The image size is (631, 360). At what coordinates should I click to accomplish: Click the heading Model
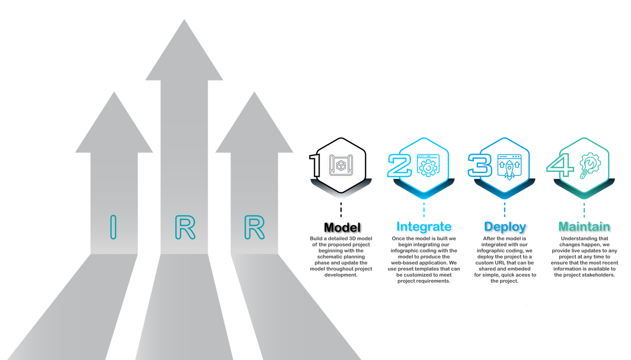coord(342,227)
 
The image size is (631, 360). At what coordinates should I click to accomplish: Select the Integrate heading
coord(424,226)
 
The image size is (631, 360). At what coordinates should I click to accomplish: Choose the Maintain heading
coord(584,226)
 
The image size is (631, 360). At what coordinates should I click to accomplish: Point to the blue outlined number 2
coord(400,166)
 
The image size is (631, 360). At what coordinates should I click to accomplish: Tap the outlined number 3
coord(480,166)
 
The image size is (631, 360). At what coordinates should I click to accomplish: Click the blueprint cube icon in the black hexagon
coord(341,165)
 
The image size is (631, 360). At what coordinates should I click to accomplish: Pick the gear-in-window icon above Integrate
coord(428,166)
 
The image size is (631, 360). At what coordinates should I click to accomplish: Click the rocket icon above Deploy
coord(509,167)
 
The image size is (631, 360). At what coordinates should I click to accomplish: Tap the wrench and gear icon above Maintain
coord(590,166)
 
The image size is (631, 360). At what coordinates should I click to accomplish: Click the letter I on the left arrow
coord(113,227)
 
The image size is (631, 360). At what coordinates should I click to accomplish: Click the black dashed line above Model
coord(341,210)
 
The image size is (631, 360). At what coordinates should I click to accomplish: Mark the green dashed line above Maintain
coord(584,210)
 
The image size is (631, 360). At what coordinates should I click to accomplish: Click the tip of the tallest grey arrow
coord(184,20)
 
